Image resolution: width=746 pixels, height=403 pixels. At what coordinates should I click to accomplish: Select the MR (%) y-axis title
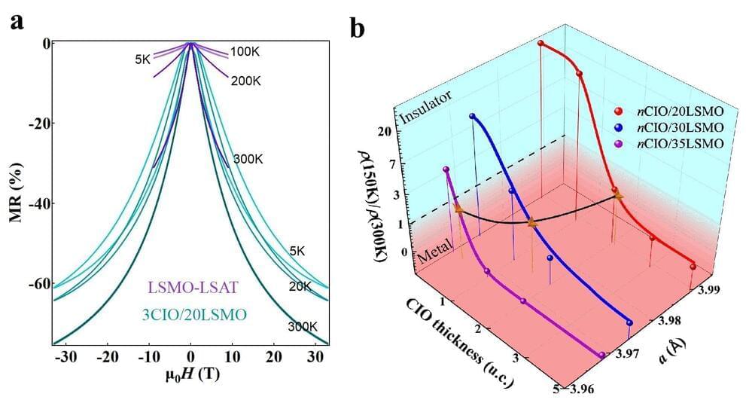14,189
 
